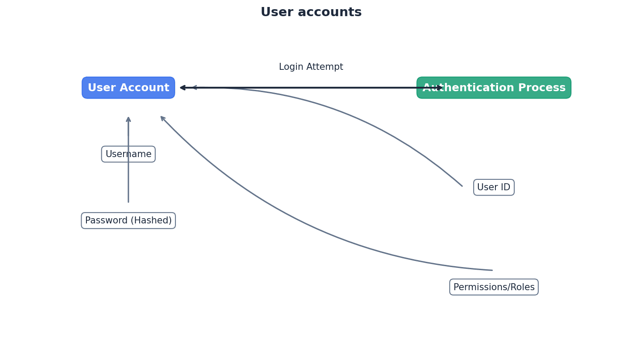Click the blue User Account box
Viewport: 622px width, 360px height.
point(128,88)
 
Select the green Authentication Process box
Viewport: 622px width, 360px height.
point(494,88)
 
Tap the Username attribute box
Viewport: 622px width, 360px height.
point(128,154)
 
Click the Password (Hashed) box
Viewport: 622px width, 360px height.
point(128,221)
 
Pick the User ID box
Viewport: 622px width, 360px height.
point(494,187)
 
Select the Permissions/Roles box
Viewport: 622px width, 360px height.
point(494,287)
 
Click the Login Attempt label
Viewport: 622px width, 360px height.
point(311,67)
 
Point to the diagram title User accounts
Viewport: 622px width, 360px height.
point(311,12)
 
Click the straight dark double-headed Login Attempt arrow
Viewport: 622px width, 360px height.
point(311,88)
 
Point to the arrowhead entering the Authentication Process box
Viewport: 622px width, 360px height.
point(439,88)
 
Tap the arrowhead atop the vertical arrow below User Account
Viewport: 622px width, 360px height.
point(128,119)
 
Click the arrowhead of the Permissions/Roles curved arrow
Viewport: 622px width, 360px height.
point(162,118)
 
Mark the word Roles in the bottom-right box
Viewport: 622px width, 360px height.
point(522,287)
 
